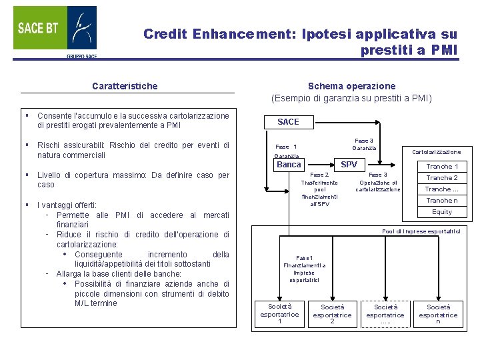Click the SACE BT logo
coord(55,30)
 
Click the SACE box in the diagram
coord(288,121)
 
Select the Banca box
coord(289,165)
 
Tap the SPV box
coord(349,165)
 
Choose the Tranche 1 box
coord(442,167)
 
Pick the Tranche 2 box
coord(442,178)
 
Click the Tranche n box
coord(442,201)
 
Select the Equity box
coord(442,212)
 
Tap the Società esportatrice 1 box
coord(279,313)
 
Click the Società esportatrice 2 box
coord(332,314)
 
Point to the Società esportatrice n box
coord(438,314)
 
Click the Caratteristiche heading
coord(125,86)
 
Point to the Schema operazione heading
coord(351,86)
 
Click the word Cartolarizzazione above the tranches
coord(436,152)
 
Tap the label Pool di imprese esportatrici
coord(421,231)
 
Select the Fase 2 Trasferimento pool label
coord(319,189)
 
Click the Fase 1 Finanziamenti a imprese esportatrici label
coord(304,269)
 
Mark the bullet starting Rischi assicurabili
coord(133,150)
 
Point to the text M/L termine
coord(96,303)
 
